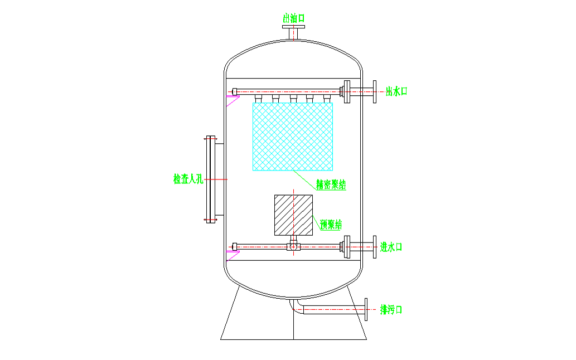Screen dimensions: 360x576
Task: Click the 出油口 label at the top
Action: pyautogui.click(x=293, y=18)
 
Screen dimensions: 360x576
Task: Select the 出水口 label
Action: pyautogui.click(x=396, y=91)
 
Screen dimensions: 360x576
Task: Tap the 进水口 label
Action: pyautogui.click(x=391, y=246)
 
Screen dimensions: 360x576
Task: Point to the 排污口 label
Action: pyautogui.click(x=391, y=309)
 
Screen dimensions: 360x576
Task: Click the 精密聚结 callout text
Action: pyautogui.click(x=331, y=184)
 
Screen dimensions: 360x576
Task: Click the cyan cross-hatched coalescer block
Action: pyautogui.click(x=293, y=137)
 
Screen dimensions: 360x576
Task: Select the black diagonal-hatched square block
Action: pyautogui.click(x=293, y=215)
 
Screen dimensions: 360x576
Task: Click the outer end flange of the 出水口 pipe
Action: pyautogui.click(x=375, y=91)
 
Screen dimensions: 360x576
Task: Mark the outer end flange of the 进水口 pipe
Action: pyautogui.click(x=375, y=246)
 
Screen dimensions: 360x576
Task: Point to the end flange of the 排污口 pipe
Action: pyautogui.click(x=366, y=309)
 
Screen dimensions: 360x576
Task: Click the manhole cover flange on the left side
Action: pyautogui.click(x=210, y=179)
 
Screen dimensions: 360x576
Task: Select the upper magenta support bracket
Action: pyautogui.click(x=232, y=101)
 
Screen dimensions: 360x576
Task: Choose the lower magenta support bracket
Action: pyautogui.click(x=232, y=255)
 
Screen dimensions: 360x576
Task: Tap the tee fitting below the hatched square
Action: pyautogui.click(x=293, y=245)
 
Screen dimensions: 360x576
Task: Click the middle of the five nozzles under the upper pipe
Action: pyautogui.click(x=293, y=99)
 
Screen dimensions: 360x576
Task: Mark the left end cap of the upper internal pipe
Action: pyautogui.click(x=235, y=91)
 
